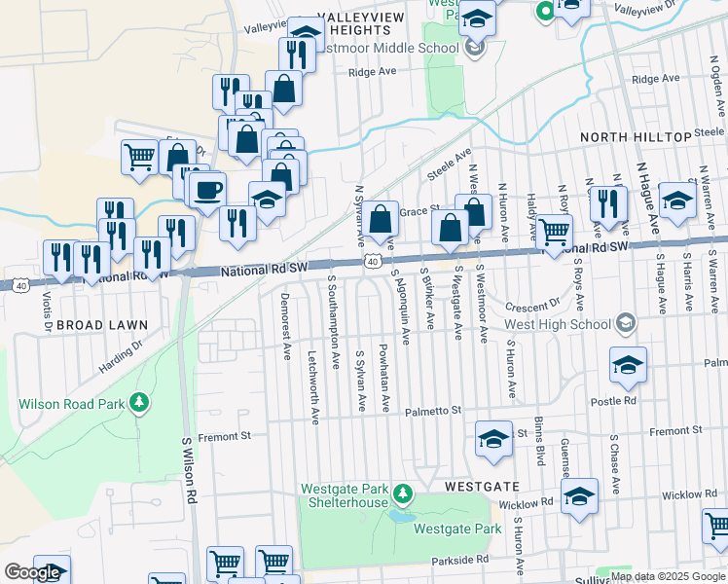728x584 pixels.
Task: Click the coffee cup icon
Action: pyautogui.click(x=207, y=190)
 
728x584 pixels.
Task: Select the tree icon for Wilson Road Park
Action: pyautogui.click(x=140, y=402)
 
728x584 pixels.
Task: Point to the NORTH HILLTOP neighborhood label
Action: pyautogui.click(x=634, y=137)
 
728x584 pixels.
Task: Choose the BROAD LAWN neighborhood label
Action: pyautogui.click(x=101, y=324)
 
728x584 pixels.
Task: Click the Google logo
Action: pyautogui.click(x=32, y=572)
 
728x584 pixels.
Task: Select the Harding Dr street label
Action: pyautogui.click(x=120, y=354)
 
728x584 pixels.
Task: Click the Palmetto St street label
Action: pyautogui.click(x=433, y=412)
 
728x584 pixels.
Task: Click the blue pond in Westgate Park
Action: pyautogui.click(x=401, y=516)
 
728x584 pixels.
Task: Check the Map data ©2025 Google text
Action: pyautogui.click(x=668, y=576)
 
